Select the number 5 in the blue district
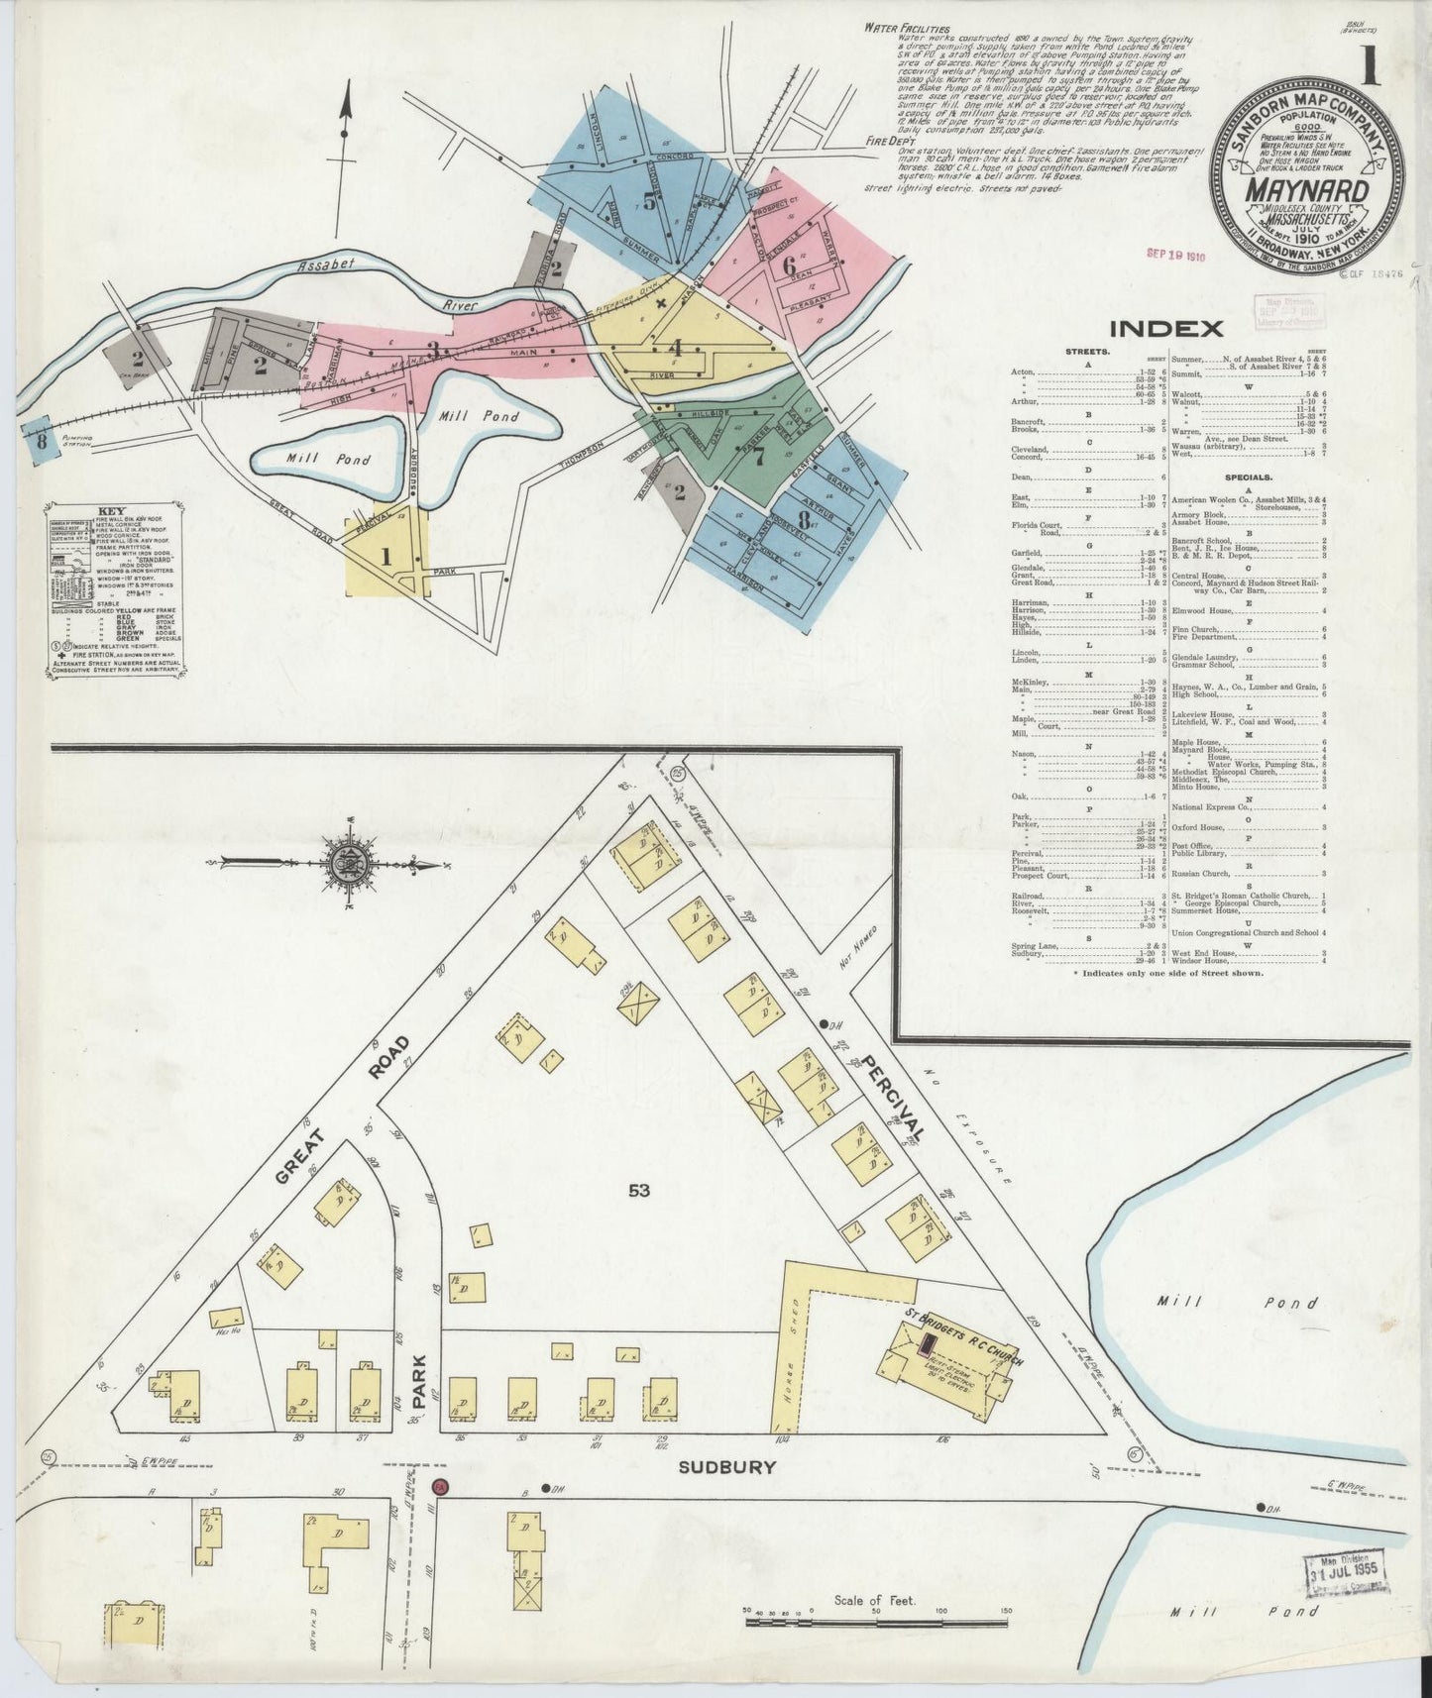(649, 200)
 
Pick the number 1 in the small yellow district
(386, 557)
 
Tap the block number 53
(638, 1190)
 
